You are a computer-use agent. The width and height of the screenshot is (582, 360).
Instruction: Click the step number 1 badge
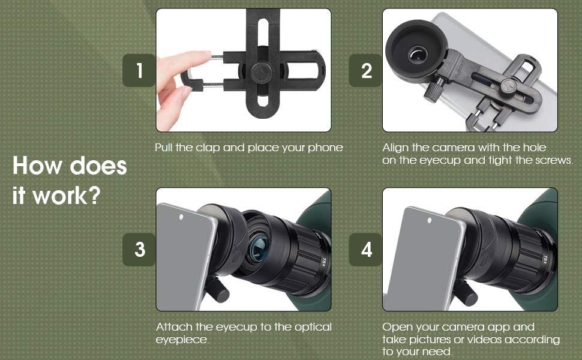[139, 71]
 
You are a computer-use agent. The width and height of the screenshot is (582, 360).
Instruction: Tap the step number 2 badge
[366, 71]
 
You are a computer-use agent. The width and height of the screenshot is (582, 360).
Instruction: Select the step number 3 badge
[139, 250]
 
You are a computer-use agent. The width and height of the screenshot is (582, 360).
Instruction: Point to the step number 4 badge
[366, 250]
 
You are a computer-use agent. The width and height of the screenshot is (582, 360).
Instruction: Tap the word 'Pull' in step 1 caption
[166, 147]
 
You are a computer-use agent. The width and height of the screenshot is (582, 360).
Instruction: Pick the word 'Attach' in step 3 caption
[174, 327]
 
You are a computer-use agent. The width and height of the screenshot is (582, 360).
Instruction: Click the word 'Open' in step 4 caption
[398, 327]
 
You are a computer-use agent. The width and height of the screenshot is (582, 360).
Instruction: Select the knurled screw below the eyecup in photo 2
[433, 94]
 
